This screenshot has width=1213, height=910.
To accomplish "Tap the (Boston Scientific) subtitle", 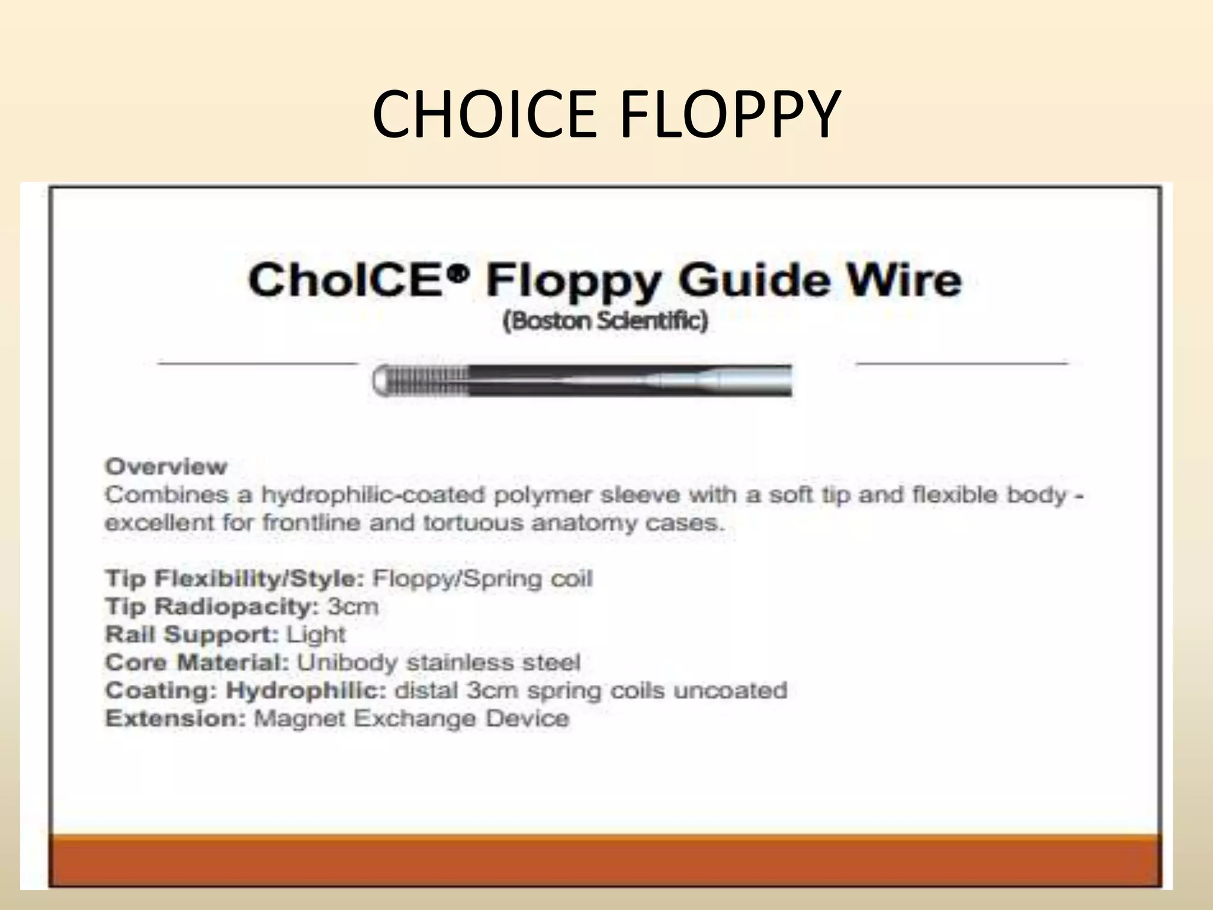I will (605, 321).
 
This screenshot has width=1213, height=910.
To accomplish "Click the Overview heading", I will (166, 466).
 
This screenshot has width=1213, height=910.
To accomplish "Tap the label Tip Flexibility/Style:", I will (235, 578).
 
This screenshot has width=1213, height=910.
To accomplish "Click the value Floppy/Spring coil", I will (482, 578).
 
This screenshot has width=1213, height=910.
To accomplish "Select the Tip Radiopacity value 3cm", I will (353, 606).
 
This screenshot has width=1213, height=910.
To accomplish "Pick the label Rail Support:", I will (192, 634).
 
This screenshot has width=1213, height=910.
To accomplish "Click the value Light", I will (316, 634).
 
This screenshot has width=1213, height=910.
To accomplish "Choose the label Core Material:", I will (197, 662).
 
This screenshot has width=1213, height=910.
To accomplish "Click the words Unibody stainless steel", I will (438, 662).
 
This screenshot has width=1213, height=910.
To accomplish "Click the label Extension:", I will (175, 718).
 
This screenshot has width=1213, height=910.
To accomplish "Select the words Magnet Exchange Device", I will (412, 718).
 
